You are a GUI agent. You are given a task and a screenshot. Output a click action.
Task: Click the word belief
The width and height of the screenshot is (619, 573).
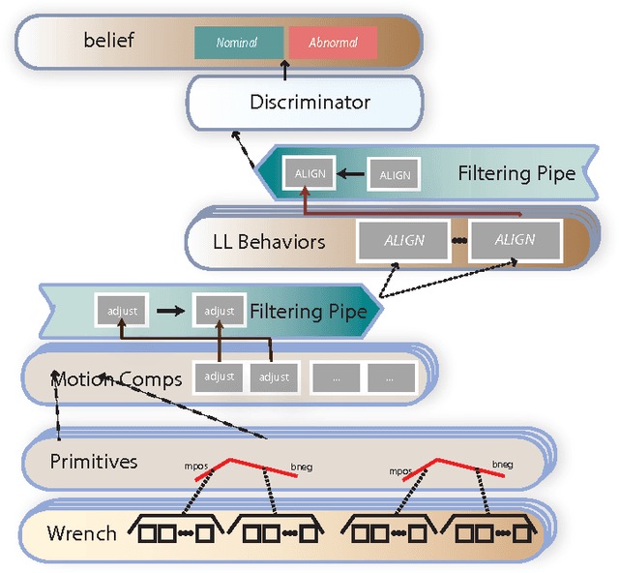(x=108, y=42)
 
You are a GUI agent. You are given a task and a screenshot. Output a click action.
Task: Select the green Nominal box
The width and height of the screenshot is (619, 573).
(x=238, y=43)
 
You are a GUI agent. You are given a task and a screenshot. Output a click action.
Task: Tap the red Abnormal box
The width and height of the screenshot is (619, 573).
(x=332, y=43)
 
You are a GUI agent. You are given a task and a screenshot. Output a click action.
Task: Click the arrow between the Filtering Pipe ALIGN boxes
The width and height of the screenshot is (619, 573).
(x=352, y=175)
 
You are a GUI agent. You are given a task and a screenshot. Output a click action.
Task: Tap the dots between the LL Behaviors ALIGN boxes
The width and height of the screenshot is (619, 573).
(x=459, y=240)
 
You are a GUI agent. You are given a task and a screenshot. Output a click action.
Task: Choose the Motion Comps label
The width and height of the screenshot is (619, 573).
(x=117, y=378)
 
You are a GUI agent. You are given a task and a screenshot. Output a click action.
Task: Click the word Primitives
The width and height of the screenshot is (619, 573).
(x=93, y=461)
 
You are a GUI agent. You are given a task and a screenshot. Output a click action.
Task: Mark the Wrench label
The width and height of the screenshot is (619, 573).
(x=81, y=532)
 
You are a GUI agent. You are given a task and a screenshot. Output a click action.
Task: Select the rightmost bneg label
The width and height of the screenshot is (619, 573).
(x=503, y=467)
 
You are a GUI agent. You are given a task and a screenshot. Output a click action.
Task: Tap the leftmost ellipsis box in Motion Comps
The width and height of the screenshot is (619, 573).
(x=335, y=378)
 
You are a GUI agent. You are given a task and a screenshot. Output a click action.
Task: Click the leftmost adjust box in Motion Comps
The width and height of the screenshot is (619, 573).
(x=218, y=377)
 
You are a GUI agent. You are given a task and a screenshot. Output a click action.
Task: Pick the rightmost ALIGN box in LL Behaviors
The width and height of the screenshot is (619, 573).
(x=515, y=240)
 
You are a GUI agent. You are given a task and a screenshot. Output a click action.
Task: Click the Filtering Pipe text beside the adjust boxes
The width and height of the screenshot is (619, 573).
(x=308, y=312)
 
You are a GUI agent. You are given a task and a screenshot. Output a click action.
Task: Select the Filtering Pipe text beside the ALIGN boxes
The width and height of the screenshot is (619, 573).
(x=516, y=174)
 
